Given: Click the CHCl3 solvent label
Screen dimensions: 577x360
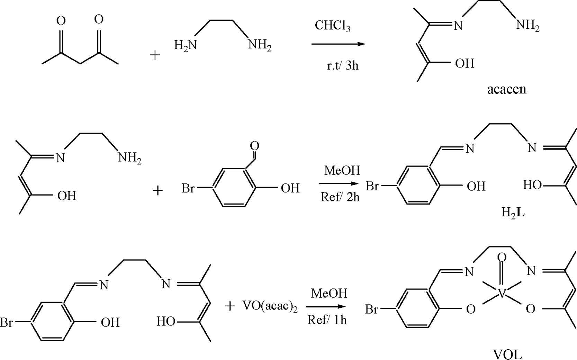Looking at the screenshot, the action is (332, 26).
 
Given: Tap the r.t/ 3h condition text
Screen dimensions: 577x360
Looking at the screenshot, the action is (342, 65).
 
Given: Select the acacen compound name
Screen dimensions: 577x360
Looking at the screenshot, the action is (506, 89).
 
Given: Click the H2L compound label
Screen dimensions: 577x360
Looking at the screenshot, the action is (513, 212).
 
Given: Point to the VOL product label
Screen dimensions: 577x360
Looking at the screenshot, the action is (507, 354).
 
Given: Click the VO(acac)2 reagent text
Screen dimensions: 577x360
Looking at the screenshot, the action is (270, 306).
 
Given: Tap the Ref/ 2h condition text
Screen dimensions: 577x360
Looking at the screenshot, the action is (340, 197).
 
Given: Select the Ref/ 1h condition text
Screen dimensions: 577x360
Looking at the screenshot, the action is (327, 320).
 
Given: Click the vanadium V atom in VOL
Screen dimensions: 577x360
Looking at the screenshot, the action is (502, 295).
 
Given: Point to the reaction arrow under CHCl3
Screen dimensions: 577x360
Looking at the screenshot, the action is (338, 44).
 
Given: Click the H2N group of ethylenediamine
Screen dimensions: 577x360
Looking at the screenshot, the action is (185, 45).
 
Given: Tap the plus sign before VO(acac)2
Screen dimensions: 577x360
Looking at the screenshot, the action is (230, 306).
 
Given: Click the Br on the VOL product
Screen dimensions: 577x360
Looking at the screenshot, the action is (371, 309).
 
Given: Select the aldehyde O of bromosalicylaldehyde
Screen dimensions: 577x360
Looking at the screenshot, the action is (254, 146).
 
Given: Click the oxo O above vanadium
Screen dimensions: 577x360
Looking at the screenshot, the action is (502, 257).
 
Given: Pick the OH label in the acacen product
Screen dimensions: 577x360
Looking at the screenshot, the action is (465, 64).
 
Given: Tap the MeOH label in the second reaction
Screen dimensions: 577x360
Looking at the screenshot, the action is (342, 170).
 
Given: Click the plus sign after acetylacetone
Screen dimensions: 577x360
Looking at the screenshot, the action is (155, 55).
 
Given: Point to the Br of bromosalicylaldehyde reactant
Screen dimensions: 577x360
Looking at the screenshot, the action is (188, 188).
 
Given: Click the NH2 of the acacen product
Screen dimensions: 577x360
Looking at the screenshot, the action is (528, 25).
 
